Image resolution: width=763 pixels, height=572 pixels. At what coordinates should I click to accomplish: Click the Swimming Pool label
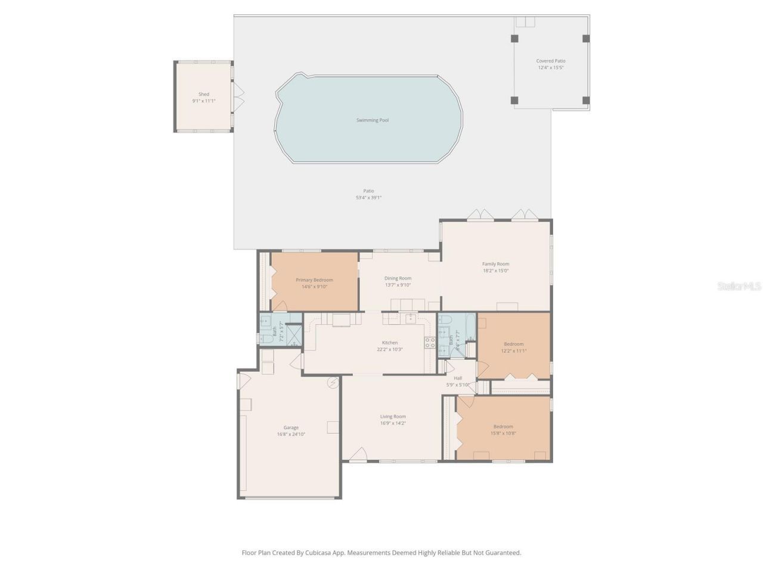(x=373, y=120)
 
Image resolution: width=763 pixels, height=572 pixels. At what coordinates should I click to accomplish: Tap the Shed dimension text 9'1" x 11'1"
(x=204, y=101)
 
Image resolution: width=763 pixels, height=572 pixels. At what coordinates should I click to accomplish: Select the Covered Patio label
(x=551, y=61)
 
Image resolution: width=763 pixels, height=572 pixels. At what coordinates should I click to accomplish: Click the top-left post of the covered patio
(x=514, y=39)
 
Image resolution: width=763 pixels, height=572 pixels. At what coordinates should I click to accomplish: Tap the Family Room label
(x=495, y=264)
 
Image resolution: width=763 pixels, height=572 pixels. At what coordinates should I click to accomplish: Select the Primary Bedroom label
(x=314, y=279)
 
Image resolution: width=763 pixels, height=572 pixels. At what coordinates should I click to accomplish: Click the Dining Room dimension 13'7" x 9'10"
(x=398, y=285)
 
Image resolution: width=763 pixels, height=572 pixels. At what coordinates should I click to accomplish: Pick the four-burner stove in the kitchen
(x=429, y=342)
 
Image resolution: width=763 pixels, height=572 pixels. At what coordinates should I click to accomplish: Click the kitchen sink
(x=411, y=319)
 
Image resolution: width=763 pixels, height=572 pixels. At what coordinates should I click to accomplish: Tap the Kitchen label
(x=390, y=343)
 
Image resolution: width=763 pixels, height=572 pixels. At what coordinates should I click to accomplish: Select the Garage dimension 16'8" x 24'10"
(x=291, y=434)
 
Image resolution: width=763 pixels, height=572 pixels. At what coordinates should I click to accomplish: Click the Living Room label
(x=393, y=416)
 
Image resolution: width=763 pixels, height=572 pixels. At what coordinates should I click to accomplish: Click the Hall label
(x=458, y=378)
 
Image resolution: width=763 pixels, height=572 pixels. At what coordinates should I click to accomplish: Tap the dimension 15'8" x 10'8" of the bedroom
(x=503, y=434)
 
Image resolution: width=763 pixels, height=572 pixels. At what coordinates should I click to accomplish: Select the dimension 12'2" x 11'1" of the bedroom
(x=514, y=351)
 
